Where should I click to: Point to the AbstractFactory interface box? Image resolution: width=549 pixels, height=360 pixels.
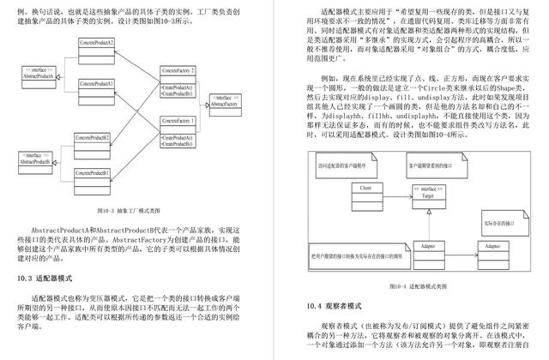point(225,103)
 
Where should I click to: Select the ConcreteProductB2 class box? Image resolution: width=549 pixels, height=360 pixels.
point(92,140)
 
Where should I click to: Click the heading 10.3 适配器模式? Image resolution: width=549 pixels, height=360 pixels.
point(45,279)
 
